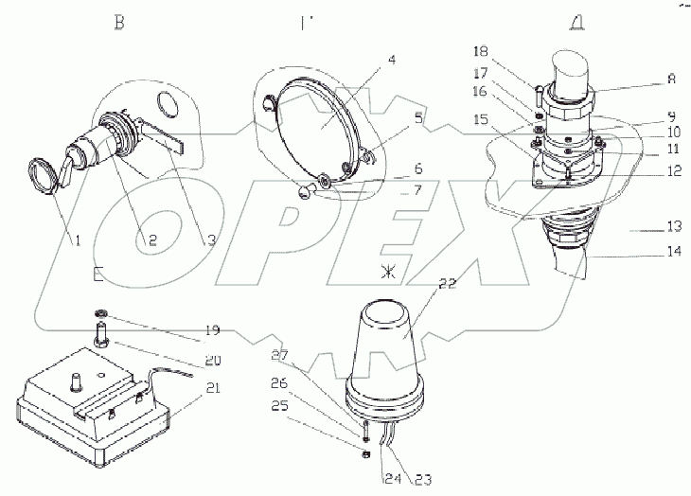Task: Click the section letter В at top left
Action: (118, 23)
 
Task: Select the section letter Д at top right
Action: (576, 23)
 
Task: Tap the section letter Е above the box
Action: (98, 274)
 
